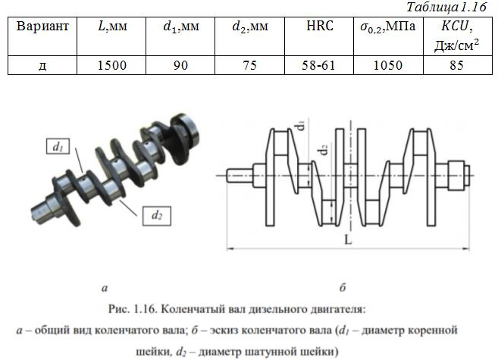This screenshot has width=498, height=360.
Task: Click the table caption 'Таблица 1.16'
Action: tap(446, 7)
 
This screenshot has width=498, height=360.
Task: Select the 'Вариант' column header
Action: tap(42, 26)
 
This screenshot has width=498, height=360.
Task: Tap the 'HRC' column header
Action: tap(320, 26)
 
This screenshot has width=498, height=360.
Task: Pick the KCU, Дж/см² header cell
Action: tap(457, 36)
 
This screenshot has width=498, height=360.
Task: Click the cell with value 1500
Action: tap(111, 65)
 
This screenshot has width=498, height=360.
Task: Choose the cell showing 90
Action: tap(180, 65)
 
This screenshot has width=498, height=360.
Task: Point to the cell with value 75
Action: tap(249, 65)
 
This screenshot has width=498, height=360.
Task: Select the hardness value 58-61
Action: tap(318, 65)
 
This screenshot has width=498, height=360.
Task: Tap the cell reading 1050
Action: tap(388, 65)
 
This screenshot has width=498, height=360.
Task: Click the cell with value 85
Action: tap(456, 65)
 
